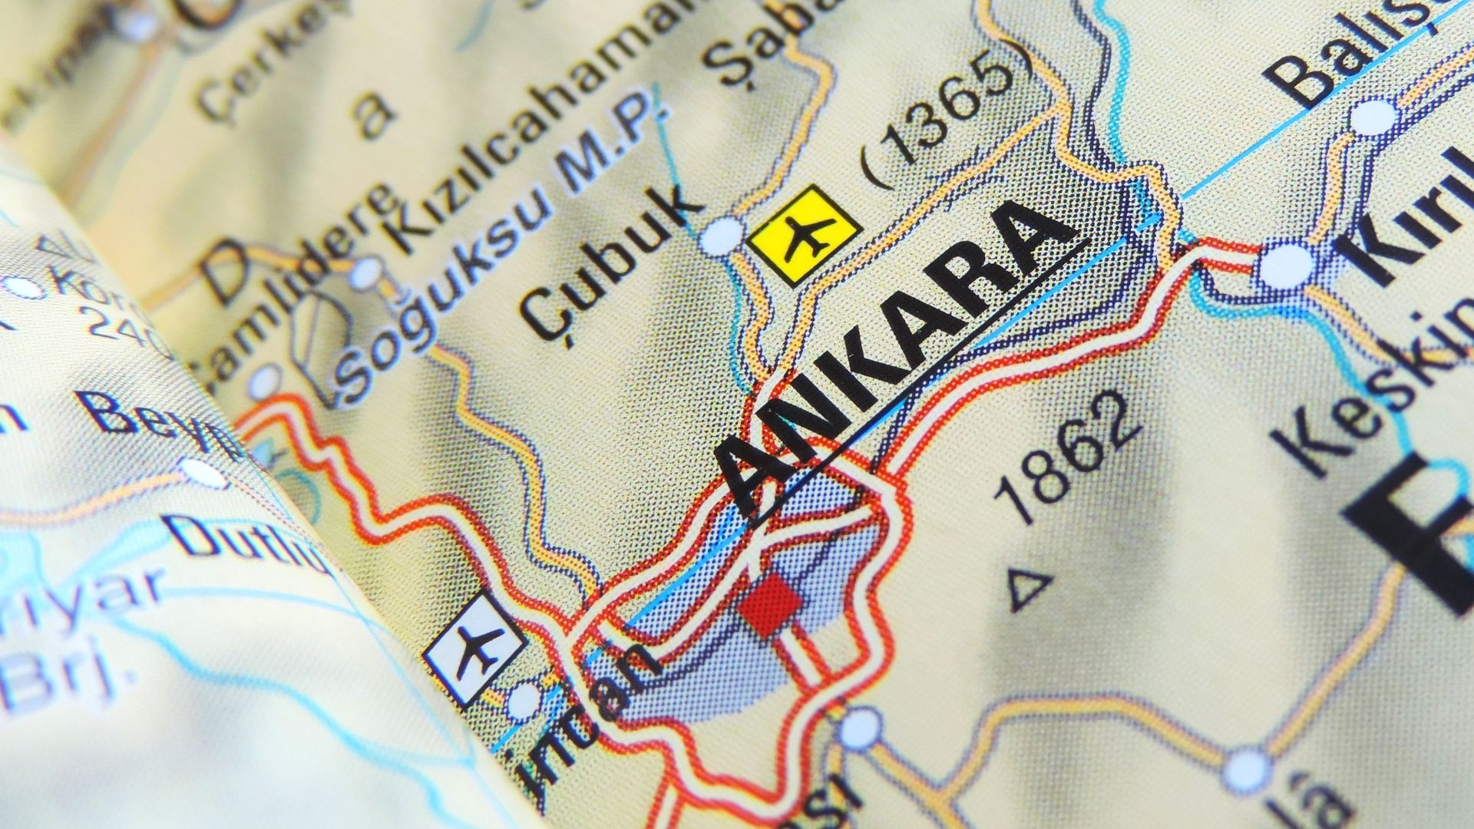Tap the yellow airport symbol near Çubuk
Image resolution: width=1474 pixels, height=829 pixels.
click(805, 228)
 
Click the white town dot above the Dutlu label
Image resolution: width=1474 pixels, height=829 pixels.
click(203, 471)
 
